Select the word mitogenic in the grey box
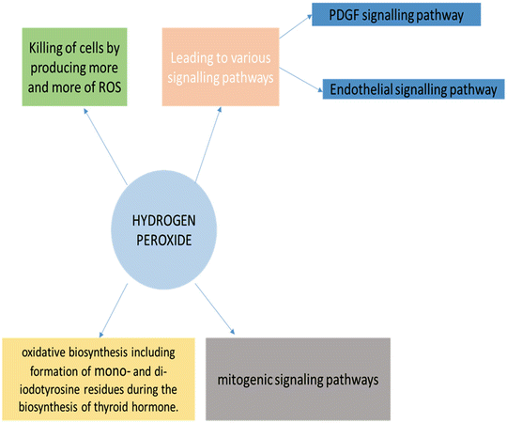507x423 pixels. pos(250,381)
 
